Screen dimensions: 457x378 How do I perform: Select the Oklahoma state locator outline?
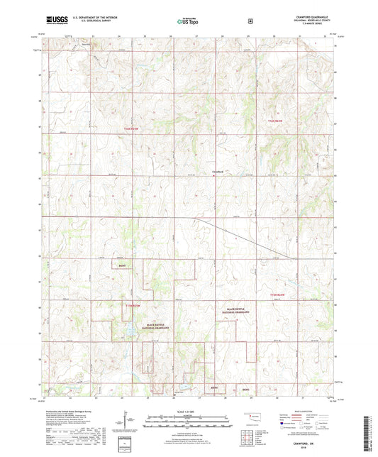tap(251, 415)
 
